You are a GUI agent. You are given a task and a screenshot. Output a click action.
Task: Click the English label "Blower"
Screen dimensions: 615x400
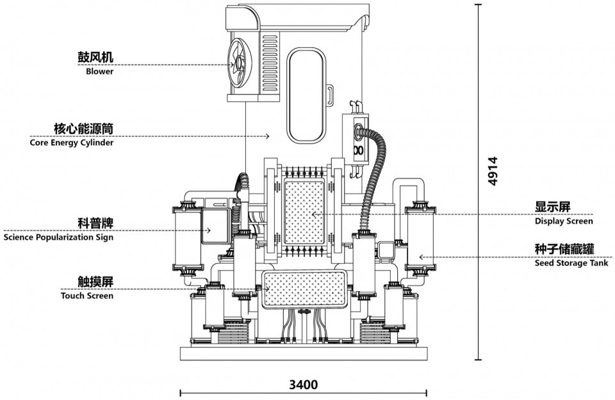pos(100,71)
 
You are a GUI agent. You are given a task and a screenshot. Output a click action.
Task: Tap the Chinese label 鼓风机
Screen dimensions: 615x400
pos(95,57)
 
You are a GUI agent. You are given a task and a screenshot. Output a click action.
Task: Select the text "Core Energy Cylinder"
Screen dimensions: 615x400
pos(71,143)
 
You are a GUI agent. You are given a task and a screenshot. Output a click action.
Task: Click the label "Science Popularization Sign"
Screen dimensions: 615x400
pos(58,237)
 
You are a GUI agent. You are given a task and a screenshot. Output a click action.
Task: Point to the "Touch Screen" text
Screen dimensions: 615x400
pos(87,296)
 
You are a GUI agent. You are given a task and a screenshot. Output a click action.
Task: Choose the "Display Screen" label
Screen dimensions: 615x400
pos(564,221)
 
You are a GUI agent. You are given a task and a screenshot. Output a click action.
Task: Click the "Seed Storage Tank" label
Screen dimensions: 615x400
pos(571,263)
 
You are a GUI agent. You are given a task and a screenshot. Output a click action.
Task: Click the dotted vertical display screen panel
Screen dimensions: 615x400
pos(304,212)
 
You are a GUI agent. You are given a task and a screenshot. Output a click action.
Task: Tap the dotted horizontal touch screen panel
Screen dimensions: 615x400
pos(304,289)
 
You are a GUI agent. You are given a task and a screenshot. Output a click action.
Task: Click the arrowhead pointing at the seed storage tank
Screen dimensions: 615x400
pos(421,257)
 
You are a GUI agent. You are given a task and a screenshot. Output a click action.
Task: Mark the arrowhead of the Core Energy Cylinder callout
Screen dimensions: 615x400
pos(268,136)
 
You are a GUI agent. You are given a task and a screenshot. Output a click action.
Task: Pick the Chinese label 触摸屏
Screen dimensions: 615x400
pos(95,282)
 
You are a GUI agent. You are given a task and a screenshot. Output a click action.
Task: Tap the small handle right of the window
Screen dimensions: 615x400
pos(331,95)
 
